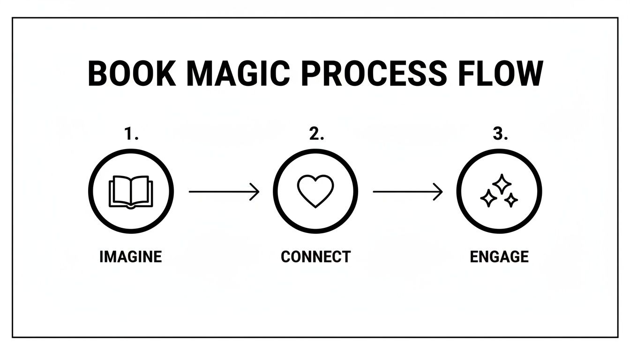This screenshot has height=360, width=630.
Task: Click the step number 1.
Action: (131, 135)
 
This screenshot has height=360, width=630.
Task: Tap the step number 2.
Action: (316, 135)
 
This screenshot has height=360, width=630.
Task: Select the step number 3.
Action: (500, 135)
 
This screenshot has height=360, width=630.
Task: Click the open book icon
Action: (131, 192)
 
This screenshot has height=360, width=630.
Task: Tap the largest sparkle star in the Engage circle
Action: (502, 184)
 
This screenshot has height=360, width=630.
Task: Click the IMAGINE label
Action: (131, 257)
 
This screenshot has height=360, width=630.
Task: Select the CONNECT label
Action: (315, 257)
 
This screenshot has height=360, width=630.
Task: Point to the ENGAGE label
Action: (499, 257)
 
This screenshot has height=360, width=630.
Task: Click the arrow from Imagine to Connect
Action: (224, 192)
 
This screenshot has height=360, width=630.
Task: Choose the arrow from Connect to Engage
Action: (407, 192)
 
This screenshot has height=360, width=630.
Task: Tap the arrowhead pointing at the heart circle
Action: (255, 192)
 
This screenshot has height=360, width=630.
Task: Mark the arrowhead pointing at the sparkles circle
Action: (439, 192)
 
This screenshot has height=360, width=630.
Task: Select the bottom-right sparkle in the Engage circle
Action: (511, 201)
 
